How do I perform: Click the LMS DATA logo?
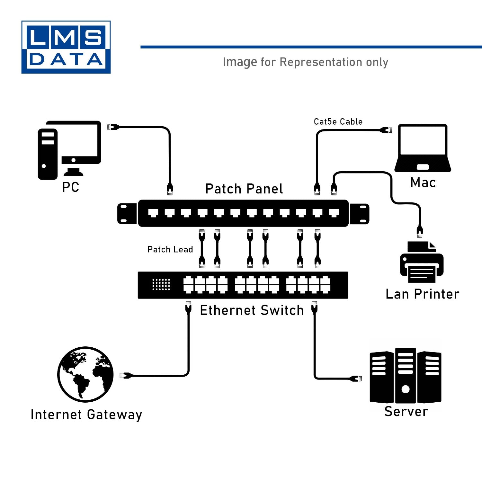pos(66,47)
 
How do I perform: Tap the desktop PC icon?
pos(69,150)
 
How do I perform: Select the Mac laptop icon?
pos(423,148)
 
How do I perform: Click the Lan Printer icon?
pos(422,263)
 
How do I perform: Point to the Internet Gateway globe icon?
pos(85,374)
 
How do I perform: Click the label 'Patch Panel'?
pos(244,189)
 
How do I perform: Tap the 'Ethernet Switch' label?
pos(252,310)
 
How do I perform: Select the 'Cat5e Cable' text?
pos(338,122)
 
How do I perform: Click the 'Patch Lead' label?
pos(170,250)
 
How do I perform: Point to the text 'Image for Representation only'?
pos(305,62)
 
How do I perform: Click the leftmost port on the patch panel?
pos(153,213)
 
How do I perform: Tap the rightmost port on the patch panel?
pos(334,213)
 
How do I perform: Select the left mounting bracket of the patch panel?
pos(127,213)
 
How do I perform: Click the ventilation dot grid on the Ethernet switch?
pos(161,285)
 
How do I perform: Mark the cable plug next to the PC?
pos(113,127)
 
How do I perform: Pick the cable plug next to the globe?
pos(126,375)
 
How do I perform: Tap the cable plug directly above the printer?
pos(420,231)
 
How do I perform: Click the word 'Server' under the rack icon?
pos(406,412)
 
